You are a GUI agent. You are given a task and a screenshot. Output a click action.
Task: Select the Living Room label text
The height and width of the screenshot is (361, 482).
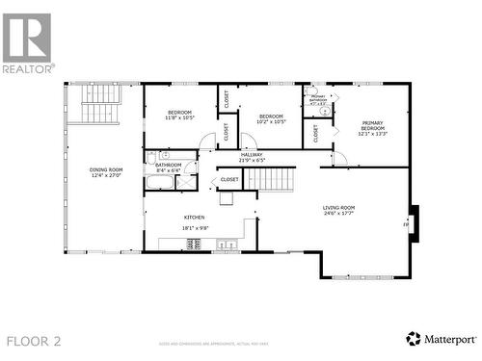[338, 210]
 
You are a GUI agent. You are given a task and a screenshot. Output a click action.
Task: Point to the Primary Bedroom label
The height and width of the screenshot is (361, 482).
[372, 127]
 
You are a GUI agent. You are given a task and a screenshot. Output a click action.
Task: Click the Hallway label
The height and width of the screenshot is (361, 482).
[252, 157]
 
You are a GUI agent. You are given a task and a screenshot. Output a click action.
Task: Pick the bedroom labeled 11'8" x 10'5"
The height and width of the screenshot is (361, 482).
[179, 116]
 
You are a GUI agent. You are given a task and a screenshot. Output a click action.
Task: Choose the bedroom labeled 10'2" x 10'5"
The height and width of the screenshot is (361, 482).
[272, 118]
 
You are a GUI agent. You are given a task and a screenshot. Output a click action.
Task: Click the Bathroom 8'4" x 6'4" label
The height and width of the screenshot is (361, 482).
[168, 168]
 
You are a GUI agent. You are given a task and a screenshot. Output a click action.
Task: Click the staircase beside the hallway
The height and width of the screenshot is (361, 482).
[277, 179]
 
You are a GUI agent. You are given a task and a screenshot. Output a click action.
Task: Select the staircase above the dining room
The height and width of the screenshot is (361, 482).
[98, 115]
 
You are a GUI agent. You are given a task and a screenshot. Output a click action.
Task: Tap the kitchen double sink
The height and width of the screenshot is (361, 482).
[228, 245]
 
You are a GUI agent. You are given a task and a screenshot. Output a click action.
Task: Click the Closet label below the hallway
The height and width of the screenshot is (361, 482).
[229, 179]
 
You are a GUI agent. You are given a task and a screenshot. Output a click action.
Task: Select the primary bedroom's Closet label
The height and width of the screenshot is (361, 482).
[315, 134]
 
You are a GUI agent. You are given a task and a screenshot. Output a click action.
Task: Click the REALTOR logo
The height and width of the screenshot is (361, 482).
[27, 43]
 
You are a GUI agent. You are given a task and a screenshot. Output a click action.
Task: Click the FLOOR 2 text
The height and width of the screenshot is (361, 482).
[34, 341]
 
